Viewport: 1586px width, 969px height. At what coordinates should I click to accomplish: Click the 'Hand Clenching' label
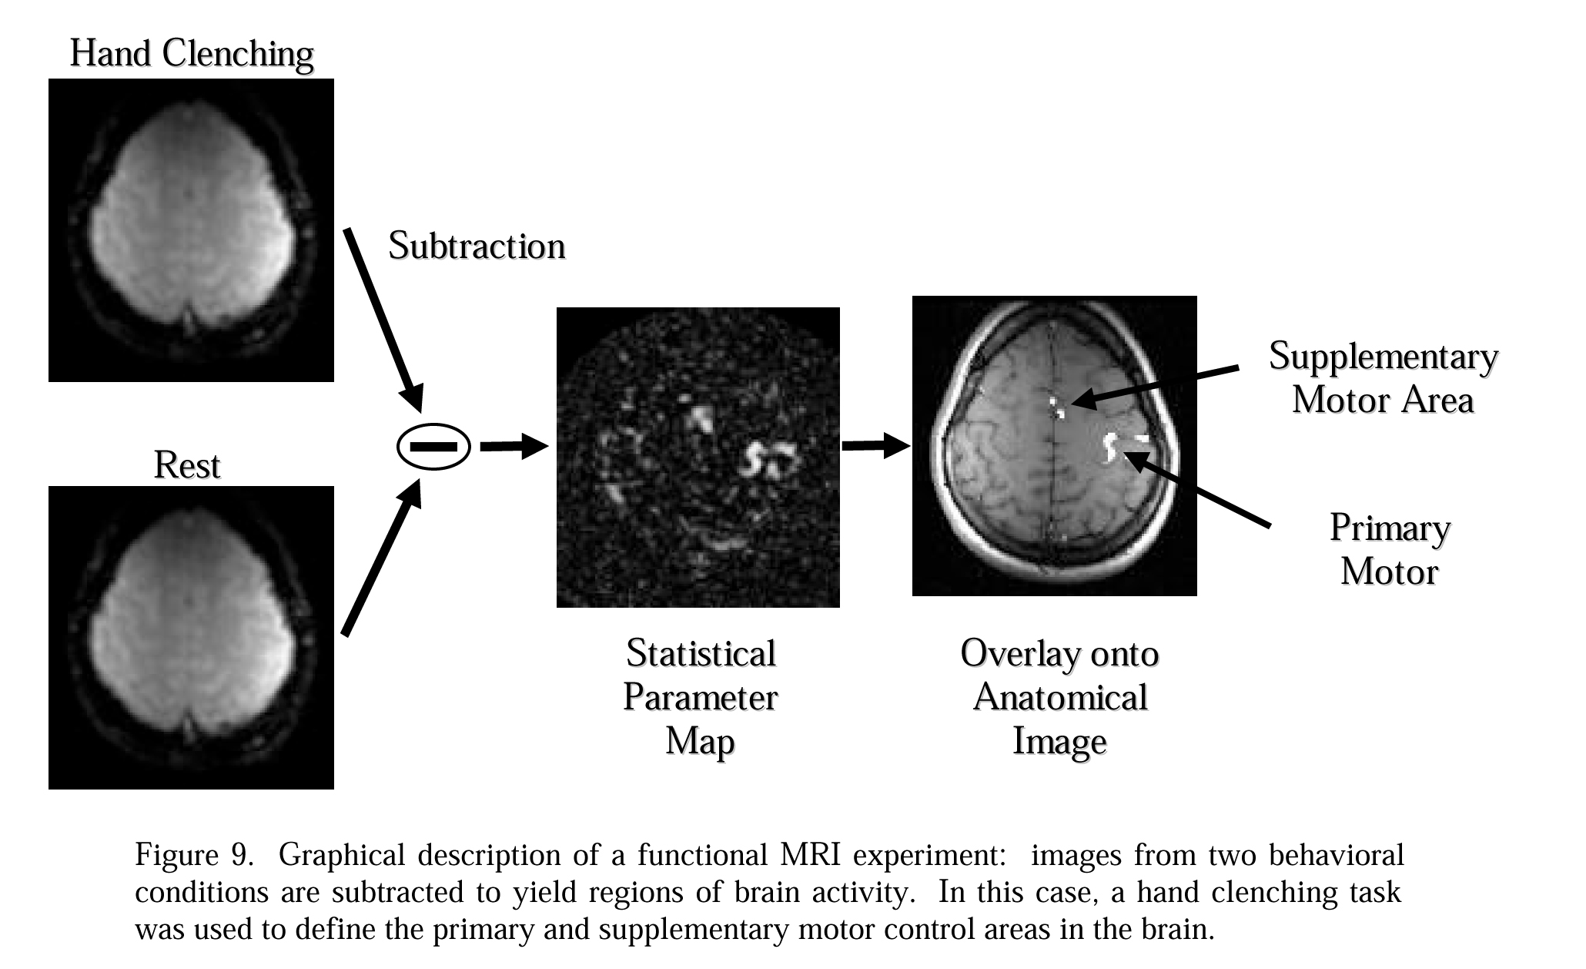pos(192,54)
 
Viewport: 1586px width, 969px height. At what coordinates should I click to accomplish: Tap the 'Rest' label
pos(187,465)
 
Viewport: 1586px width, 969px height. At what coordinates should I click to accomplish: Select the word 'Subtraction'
pos(477,246)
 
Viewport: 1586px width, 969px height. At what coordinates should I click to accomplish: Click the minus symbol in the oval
pos(433,447)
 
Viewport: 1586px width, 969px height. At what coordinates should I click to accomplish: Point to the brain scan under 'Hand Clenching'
pos(191,230)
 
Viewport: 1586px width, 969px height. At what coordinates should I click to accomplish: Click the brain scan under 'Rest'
pos(191,637)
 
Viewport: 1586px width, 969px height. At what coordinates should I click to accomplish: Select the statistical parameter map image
pos(698,458)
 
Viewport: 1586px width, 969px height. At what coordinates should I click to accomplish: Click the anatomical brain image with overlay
pos(1054,445)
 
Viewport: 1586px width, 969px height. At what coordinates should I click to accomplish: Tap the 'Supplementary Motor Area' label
pos(1383,377)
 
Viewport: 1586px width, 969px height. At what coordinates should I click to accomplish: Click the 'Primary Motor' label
pos(1390,550)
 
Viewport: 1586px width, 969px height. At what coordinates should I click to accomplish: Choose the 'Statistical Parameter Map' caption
pos(700,697)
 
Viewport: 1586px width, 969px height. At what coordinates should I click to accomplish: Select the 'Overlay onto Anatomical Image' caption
pos(1059,697)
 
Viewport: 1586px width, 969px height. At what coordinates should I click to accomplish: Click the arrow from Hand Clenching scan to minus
pos(383,319)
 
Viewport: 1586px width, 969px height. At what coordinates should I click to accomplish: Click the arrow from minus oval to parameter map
pos(513,446)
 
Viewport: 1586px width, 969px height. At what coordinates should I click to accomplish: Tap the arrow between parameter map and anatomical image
pos(875,445)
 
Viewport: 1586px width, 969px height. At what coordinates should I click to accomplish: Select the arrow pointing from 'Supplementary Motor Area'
pos(1155,385)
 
